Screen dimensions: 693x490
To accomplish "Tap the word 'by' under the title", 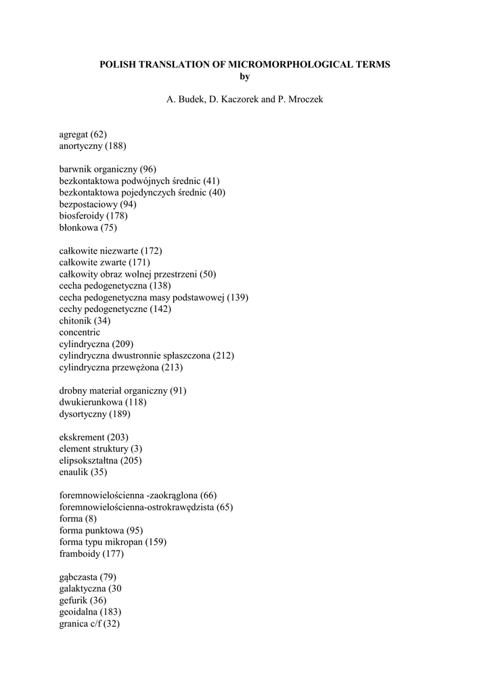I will point(245,76).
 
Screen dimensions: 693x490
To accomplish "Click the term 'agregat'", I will point(74,135).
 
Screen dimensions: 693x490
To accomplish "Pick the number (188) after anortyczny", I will point(115,146).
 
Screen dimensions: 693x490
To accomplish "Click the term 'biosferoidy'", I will point(81,216).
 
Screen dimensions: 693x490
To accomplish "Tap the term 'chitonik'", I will point(75,321).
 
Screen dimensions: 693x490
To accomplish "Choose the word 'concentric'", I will point(79,332).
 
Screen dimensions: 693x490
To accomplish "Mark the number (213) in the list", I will point(171,367).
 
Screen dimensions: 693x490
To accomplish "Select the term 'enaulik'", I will point(74,472).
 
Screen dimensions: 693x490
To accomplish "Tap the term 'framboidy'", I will point(79,554).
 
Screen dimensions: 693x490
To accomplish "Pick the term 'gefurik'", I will point(73,600).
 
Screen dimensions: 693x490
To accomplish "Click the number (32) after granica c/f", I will point(109,623).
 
